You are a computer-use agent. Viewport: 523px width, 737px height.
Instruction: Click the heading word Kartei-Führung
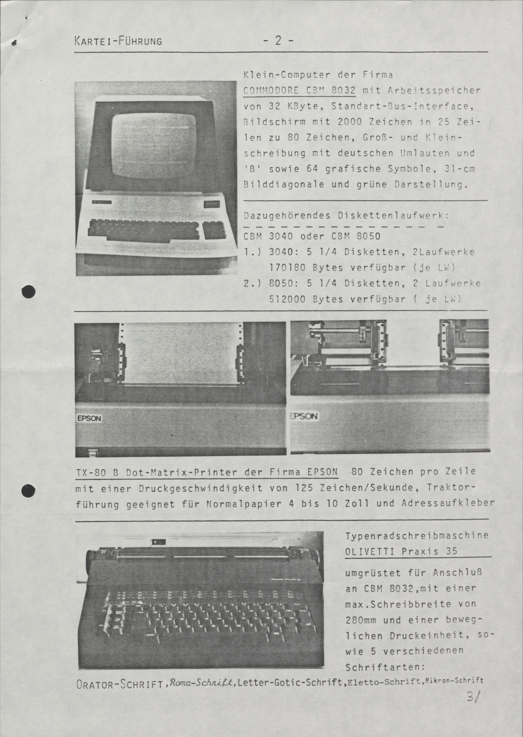click(x=118, y=41)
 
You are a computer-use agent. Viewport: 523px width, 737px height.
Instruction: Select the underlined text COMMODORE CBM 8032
click(x=300, y=91)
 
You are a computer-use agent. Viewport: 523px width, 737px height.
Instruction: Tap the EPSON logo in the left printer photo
click(x=89, y=418)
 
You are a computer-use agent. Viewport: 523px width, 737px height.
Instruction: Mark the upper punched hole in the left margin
click(x=28, y=292)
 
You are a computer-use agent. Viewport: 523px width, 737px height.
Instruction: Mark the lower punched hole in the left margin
click(x=28, y=490)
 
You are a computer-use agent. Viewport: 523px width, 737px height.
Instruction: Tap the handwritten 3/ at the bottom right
click(x=473, y=723)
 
